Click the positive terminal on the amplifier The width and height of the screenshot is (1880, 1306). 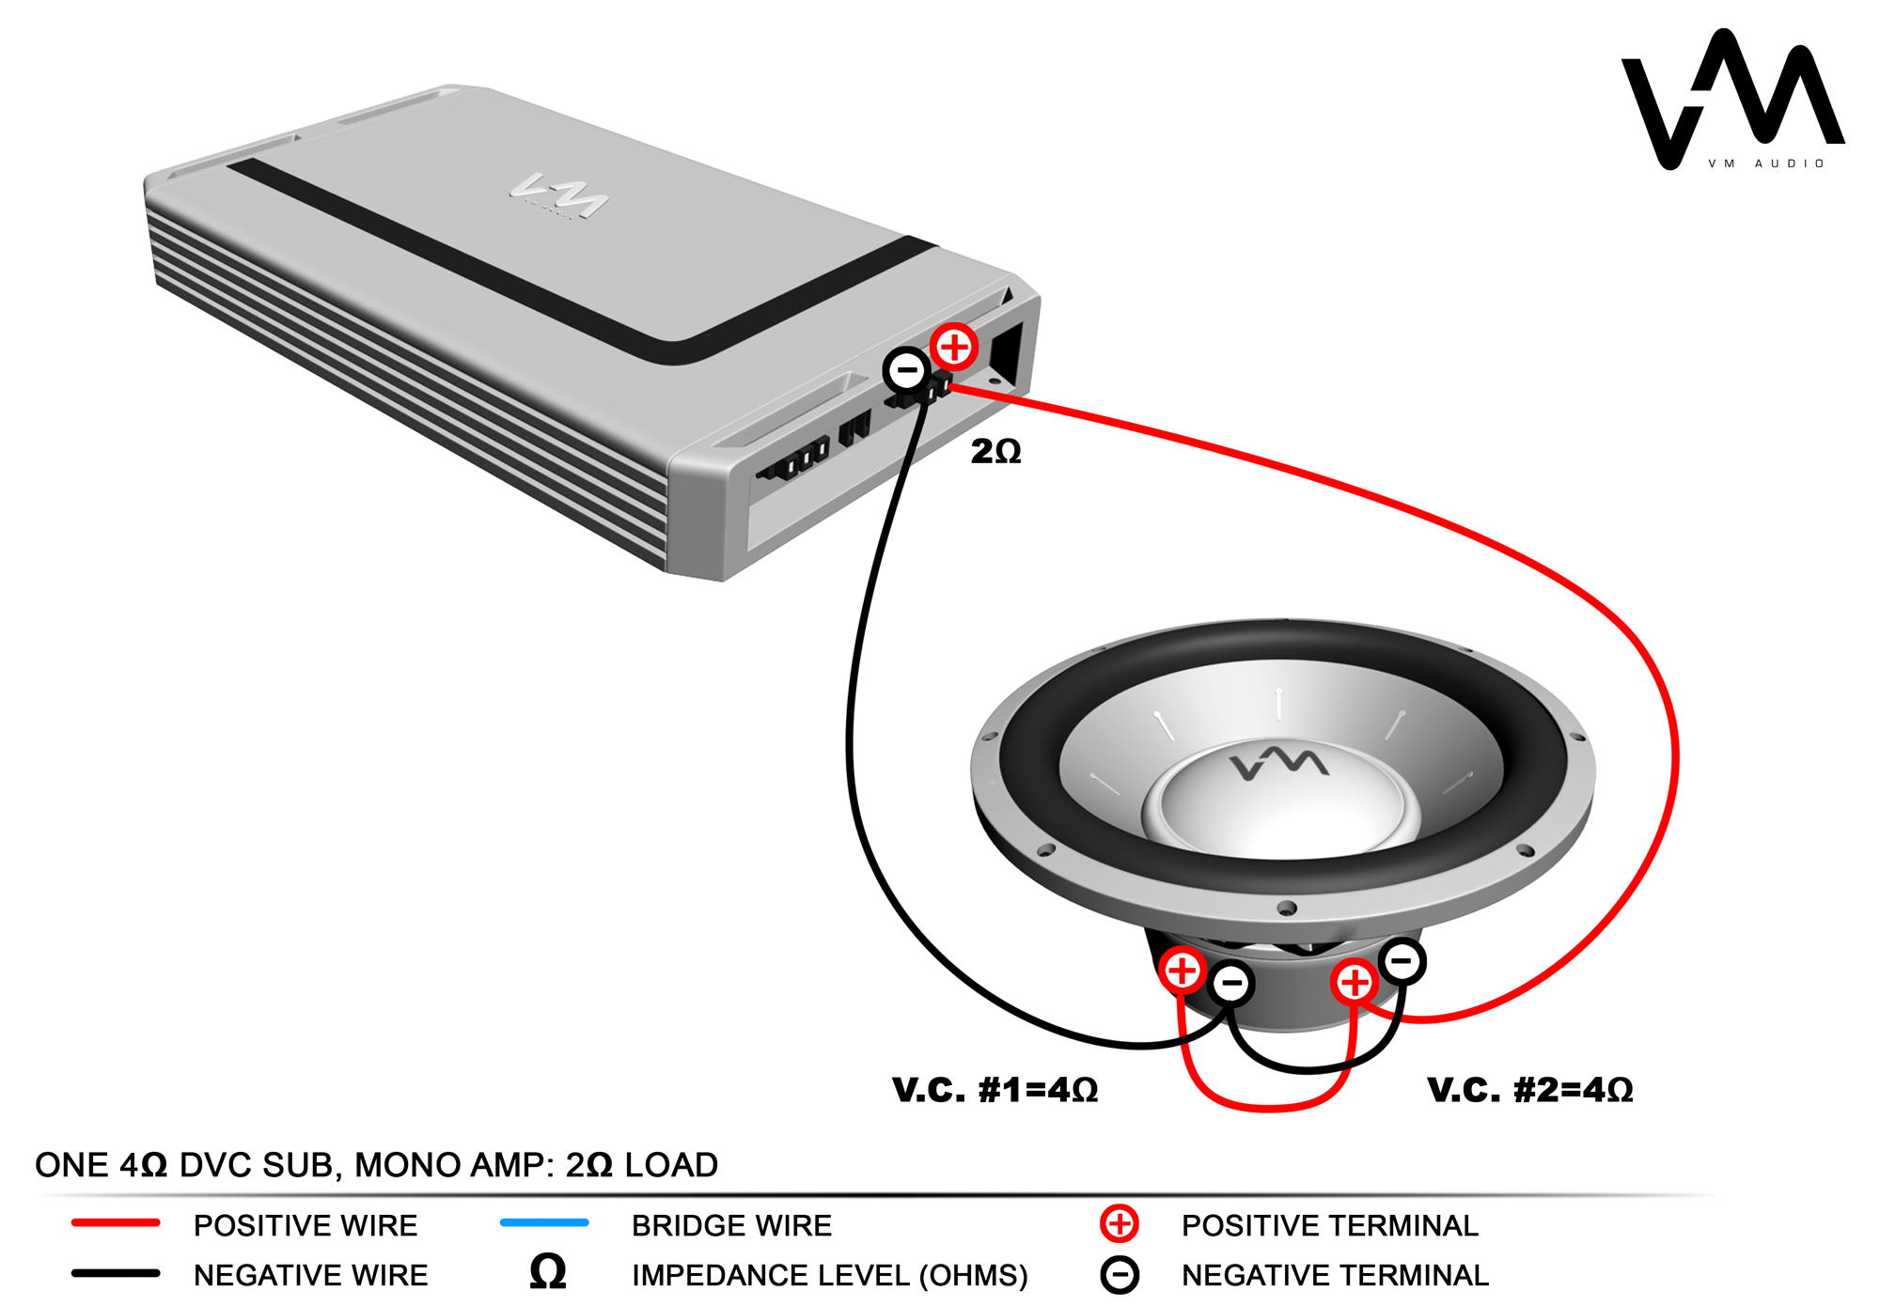tap(954, 348)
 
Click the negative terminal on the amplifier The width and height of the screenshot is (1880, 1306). tap(907, 370)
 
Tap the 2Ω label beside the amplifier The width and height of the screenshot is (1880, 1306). tap(995, 452)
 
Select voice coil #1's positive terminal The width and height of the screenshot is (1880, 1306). tap(1183, 971)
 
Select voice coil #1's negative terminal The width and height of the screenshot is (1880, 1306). tap(1231, 984)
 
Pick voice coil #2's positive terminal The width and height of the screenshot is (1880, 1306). tap(1355, 983)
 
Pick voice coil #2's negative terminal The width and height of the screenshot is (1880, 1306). tap(1402, 961)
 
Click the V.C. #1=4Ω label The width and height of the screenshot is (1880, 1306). tap(995, 1090)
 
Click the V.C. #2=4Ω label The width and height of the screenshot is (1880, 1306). tap(1529, 1090)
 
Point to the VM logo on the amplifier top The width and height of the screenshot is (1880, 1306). tap(560, 195)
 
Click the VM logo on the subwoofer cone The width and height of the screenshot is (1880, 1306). tap(1278, 763)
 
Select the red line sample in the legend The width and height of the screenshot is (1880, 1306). tap(116, 1223)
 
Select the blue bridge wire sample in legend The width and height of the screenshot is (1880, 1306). tap(544, 1223)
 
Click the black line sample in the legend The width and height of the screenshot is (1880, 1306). tap(116, 1274)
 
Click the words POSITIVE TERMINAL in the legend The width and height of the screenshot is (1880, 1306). tap(1329, 1225)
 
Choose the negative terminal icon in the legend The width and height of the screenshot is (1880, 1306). tap(1120, 1275)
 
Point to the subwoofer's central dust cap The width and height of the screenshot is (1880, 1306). tap(1280, 808)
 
